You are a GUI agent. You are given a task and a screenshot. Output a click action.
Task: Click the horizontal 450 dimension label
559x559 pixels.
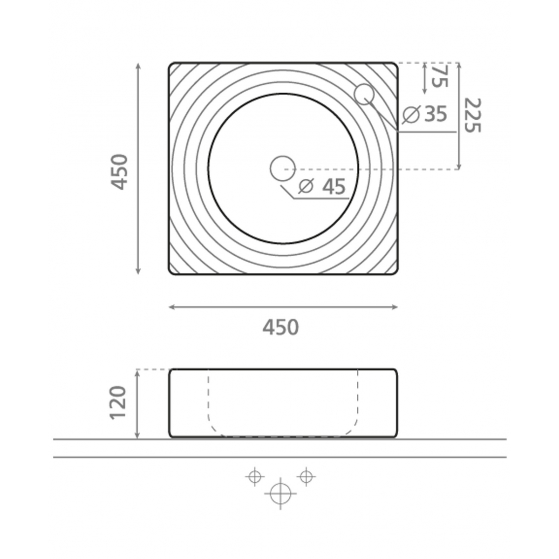[x=280, y=327]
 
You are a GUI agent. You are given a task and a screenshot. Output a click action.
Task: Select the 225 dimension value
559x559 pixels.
[x=471, y=115]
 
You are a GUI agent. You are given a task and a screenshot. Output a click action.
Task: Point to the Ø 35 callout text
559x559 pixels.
[x=425, y=114]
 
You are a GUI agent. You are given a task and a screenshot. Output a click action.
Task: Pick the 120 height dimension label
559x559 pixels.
[x=119, y=403]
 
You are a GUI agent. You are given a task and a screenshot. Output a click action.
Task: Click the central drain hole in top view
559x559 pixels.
[x=283, y=168]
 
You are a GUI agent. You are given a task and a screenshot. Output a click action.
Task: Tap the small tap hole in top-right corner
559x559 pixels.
[x=363, y=94]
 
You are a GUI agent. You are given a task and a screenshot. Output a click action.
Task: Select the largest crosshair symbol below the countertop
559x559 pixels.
[x=280, y=493]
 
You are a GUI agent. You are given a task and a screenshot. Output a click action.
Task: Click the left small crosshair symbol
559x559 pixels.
[x=254, y=477]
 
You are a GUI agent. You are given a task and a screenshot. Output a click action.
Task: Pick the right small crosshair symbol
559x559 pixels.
[x=306, y=476]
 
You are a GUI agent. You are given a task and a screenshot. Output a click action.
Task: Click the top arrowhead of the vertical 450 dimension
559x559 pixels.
[x=138, y=65]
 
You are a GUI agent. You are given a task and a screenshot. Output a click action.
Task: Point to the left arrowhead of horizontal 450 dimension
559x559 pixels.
[x=171, y=307]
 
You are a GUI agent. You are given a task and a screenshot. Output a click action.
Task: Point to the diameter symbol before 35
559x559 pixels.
[x=411, y=114]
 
